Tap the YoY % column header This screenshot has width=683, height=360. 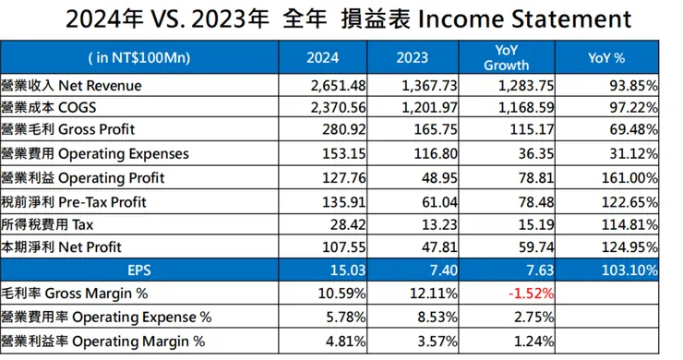606,57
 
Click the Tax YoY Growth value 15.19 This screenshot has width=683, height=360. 535,223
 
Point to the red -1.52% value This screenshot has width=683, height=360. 530,294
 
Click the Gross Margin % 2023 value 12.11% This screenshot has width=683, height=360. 431,294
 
